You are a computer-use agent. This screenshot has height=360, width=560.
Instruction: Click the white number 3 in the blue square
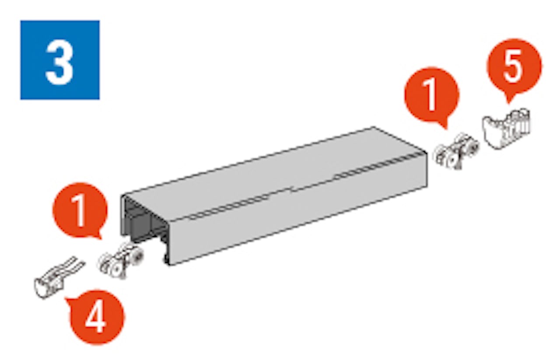pos(59,63)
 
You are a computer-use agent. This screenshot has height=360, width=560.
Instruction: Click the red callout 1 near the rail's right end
pos(432,95)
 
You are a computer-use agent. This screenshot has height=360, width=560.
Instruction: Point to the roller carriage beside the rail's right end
pos(457,151)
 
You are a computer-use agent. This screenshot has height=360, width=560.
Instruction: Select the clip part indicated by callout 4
pos(59,277)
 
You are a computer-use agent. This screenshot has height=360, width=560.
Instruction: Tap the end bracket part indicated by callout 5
pos(507,128)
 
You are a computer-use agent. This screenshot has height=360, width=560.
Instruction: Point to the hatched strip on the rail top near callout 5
pos(380,166)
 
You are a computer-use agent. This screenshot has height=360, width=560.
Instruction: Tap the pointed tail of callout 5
pos(508,99)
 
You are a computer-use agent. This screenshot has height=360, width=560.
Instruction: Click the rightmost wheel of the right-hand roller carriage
pos(472,147)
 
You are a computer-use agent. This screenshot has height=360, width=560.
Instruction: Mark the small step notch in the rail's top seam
pos(291,189)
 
